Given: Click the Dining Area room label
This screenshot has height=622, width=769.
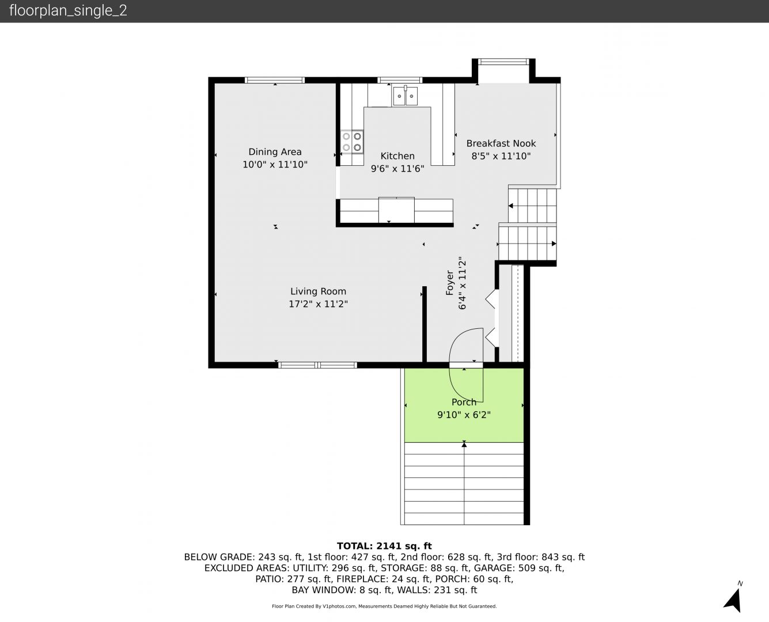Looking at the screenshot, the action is pyautogui.click(x=275, y=152).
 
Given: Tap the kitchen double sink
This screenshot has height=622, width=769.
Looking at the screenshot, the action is pyautogui.click(x=405, y=96).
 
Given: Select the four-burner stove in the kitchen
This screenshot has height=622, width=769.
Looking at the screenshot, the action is pyautogui.click(x=352, y=142).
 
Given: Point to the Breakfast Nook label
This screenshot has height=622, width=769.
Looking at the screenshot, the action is pyautogui.click(x=501, y=143).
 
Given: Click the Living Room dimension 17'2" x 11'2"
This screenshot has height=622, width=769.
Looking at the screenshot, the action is pyautogui.click(x=318, y=304).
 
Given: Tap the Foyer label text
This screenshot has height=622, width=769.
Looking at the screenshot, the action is pyautogui.click(x=449, y=283).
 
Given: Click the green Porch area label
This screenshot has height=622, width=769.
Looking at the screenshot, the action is pyautogui.click(x=464, y=402).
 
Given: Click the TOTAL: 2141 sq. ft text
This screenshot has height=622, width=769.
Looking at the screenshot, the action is pyautogui.click(x=384, y=546).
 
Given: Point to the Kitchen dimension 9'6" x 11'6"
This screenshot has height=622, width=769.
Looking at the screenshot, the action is pyautogui.click(x=397, y=169).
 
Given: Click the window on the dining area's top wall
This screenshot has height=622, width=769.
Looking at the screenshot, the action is pyautogui.click(x=275, y=80).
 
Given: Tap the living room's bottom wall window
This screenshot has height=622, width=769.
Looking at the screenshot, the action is pyautogui.click(x=317, y=365).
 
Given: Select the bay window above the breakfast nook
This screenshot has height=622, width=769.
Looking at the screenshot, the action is pyautogui.click(x=503, y=62).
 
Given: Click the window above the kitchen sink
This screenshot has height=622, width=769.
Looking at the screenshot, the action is pyautogui.click(x=400, y=80).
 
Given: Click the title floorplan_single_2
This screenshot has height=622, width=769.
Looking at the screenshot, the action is pyautogui.click(x=68, y=11).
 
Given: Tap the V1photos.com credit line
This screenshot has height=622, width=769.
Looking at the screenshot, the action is pyautogui.click(x=384, y=606).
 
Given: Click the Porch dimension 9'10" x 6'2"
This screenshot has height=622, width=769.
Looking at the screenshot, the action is pyautogui.click(x=464, y=415).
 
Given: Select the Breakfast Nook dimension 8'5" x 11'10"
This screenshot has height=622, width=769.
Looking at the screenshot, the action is pyautogui.click(x=501, y=156).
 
